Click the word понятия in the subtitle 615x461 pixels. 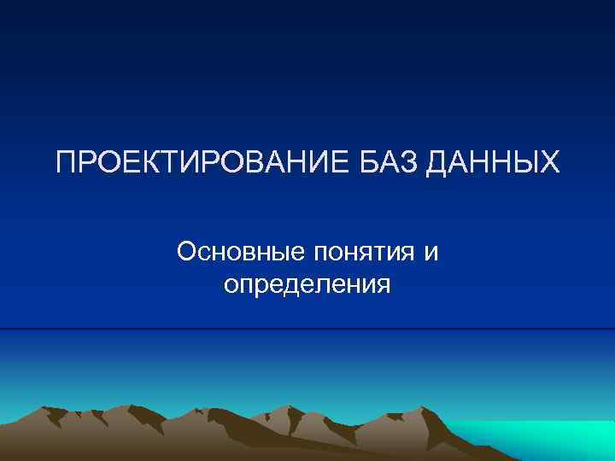(x=368, y=254)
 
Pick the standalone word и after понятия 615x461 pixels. (x=431, y=254)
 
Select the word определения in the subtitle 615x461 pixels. (x=307, y=284)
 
